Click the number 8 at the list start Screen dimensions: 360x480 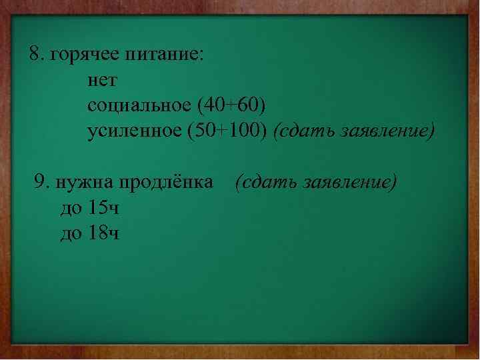[x=35, y=55]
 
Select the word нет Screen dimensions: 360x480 [x=101, y=81]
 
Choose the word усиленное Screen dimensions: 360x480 [x=133, y=131]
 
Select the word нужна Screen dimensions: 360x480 [x=81, y=182]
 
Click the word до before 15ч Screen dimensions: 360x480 [x=71, y=209]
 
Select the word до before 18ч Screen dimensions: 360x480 [x=71, y=234]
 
